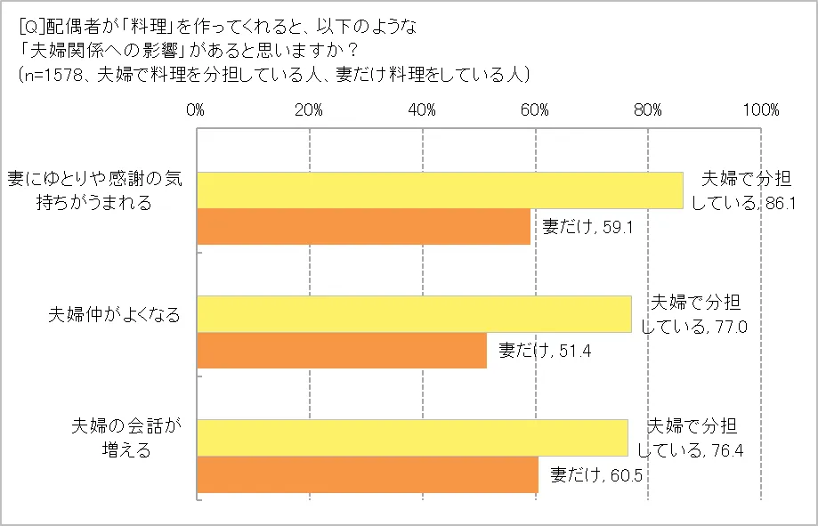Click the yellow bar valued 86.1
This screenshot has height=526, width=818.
click(x=439, y=190)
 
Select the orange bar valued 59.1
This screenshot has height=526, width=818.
click(x=363, y=226)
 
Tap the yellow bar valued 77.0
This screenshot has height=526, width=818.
click(x=413, y=314)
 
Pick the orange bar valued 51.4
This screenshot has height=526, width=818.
click(x=342, y=350)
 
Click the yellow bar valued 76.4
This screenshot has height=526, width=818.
click(x=411, y=438)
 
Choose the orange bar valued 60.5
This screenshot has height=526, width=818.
click(x=367, y=473)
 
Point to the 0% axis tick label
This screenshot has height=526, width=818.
click(x=196, y=110)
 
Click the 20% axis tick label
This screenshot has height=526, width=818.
click(x=309, y=110)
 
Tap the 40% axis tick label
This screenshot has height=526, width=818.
click(x=422, y=110)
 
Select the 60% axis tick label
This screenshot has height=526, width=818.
click(x=535, y=110)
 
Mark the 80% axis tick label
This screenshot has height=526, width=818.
click(x=648, y=110)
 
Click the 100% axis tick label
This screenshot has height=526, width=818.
click(x=761, y=110)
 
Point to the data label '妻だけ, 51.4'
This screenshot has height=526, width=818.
click(x=545, y=351)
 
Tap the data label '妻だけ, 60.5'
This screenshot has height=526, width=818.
click(x=596, y=473)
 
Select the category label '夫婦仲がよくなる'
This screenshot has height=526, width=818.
click(x=113, y=315)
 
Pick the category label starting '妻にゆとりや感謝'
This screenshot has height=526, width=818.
click(x=94, y=190)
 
